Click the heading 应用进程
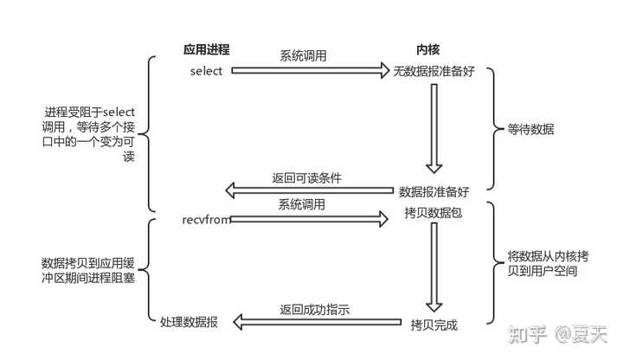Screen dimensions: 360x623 (x=207, y=49)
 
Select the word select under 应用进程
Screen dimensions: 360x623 (x=207, y=71)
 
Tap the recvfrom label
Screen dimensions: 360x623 (x=206, y=221)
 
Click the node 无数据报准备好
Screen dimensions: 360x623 (x=434, y=71)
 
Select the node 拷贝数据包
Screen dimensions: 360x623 (x=434, y=212)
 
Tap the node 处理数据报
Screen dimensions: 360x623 (x=189, y=322)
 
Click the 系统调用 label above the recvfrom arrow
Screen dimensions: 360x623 (x=302, y=204)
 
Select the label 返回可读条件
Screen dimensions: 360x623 (x=306, y=177)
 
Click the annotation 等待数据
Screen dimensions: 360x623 (x=531, y=130)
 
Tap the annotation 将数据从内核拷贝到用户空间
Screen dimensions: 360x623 (x=543, y=264)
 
